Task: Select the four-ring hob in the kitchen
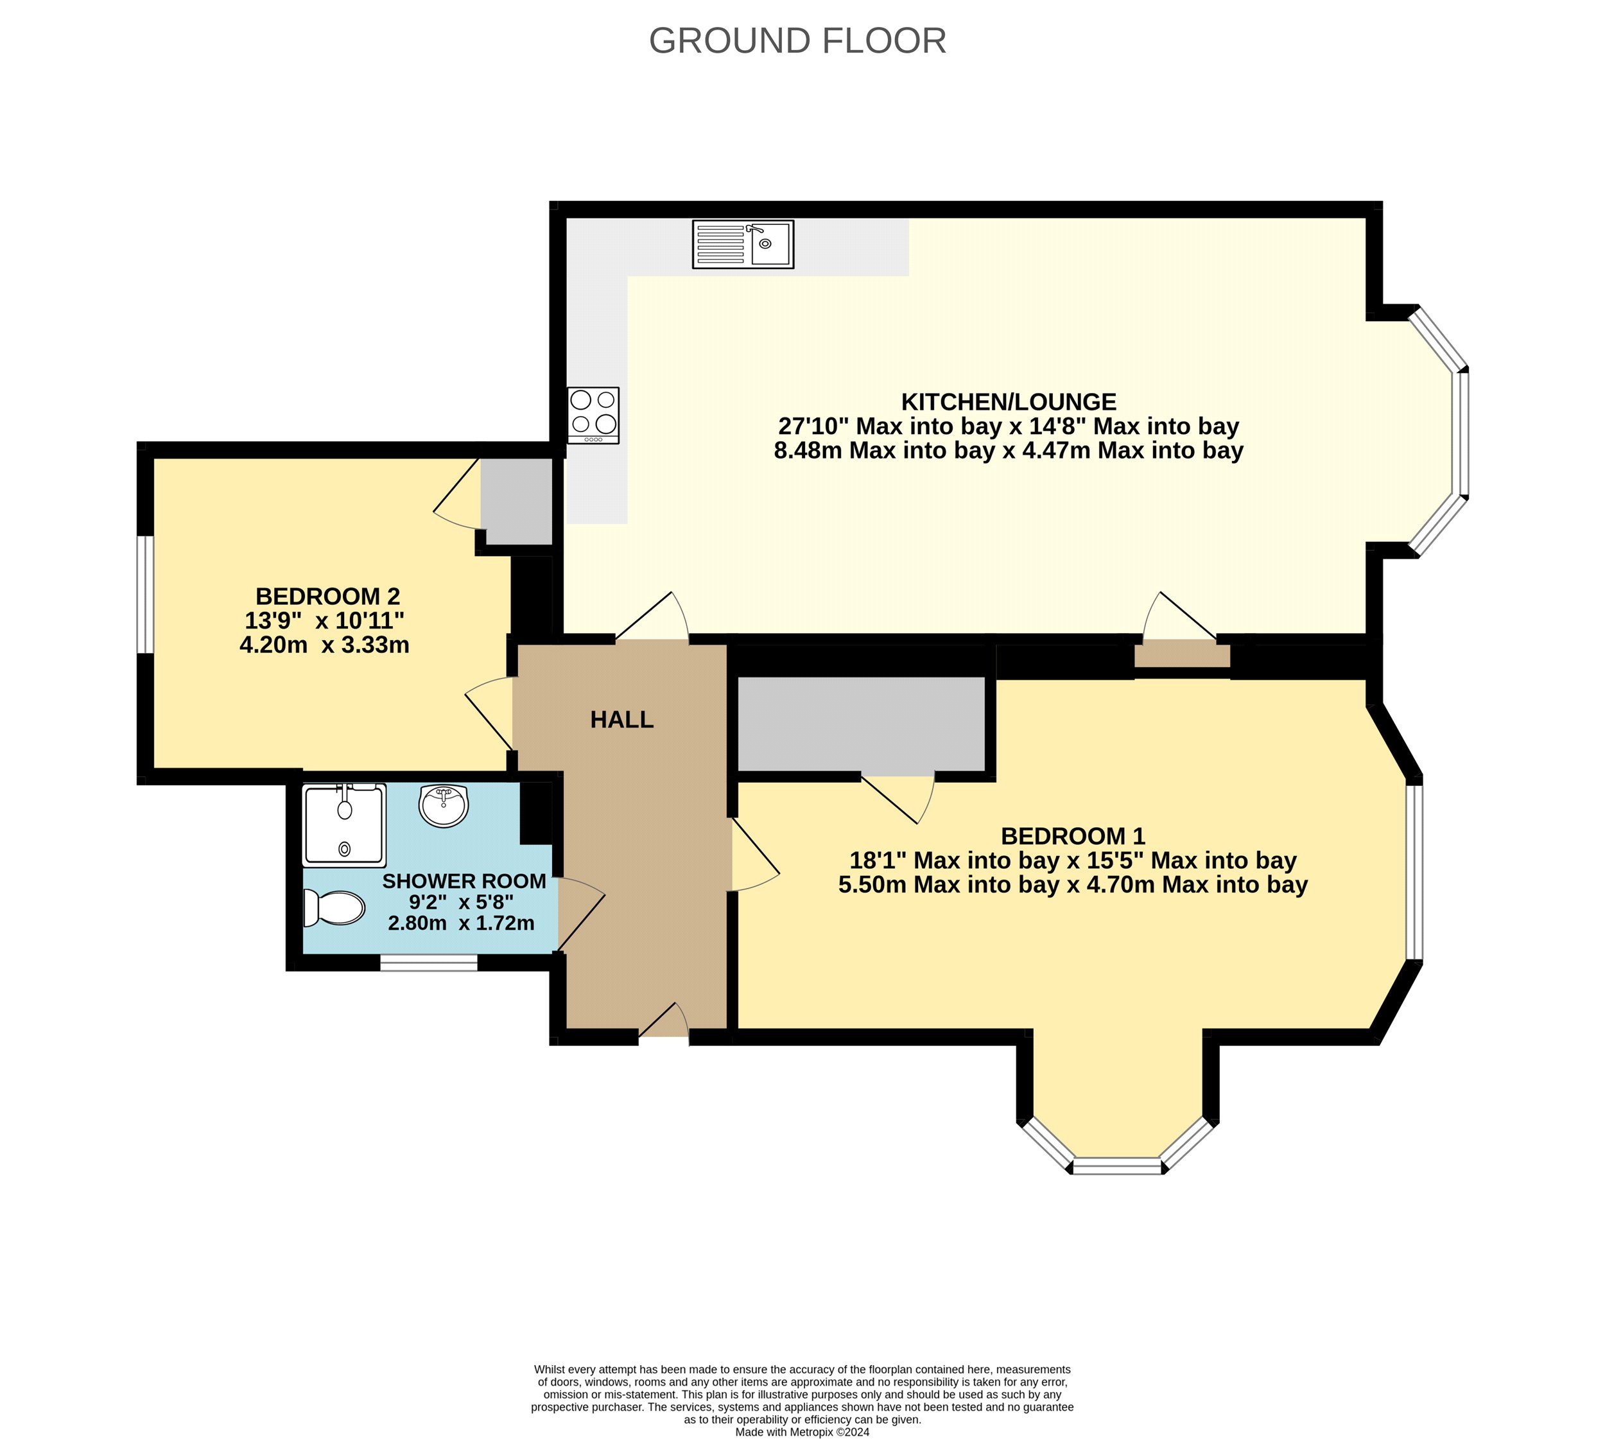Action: pyautogui.click(x=593, y=415)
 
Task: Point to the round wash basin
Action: pyautogui.click(x=444, y=806)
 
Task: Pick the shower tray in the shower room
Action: pyautogui.click(x=345, y=824)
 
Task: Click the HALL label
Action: pyautogui.click(x=621, y=719)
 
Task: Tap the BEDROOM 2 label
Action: pyautogui.click(x=327, y=596)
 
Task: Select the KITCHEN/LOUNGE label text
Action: pyautogui.click(x=1009, y=402)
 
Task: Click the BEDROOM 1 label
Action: pyautogui.click(x=1073, y=836)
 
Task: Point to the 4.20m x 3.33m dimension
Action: pyautogui.click(x=324, y=645)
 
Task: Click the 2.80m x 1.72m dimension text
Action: pyautogui.click(x=461, y=923)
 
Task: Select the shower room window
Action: pyautogui.click(x=428, y=963)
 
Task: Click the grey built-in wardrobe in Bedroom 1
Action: pyautogui.click(x=861, y=724)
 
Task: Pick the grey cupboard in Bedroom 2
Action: pyautogui.click(x=516, y=501)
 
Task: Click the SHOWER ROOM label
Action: pyautogui.click(x=464, y=881)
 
